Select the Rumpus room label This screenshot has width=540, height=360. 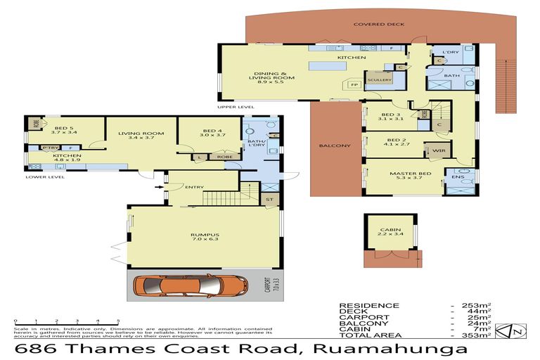[x=206, y=235]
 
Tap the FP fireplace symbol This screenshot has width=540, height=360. [x=354, y=84]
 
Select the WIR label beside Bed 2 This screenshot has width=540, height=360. [x=437, y=150]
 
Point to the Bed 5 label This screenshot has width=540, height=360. [x=59, y=129]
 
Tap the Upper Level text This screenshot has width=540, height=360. [x=235, y=108]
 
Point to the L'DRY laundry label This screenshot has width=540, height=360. [x=451, y=52]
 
